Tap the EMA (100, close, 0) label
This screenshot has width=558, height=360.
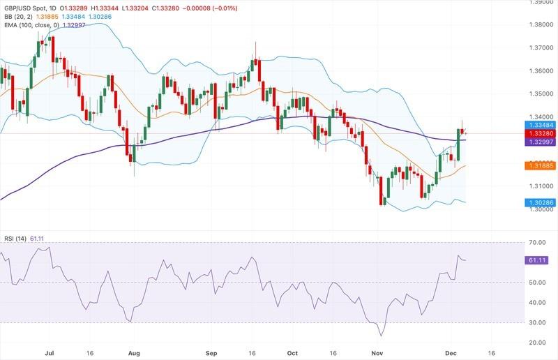tap(32, 24)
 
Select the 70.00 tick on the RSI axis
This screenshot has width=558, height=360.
tap(537, 242)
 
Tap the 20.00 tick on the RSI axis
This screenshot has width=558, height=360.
tap(537, 343)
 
